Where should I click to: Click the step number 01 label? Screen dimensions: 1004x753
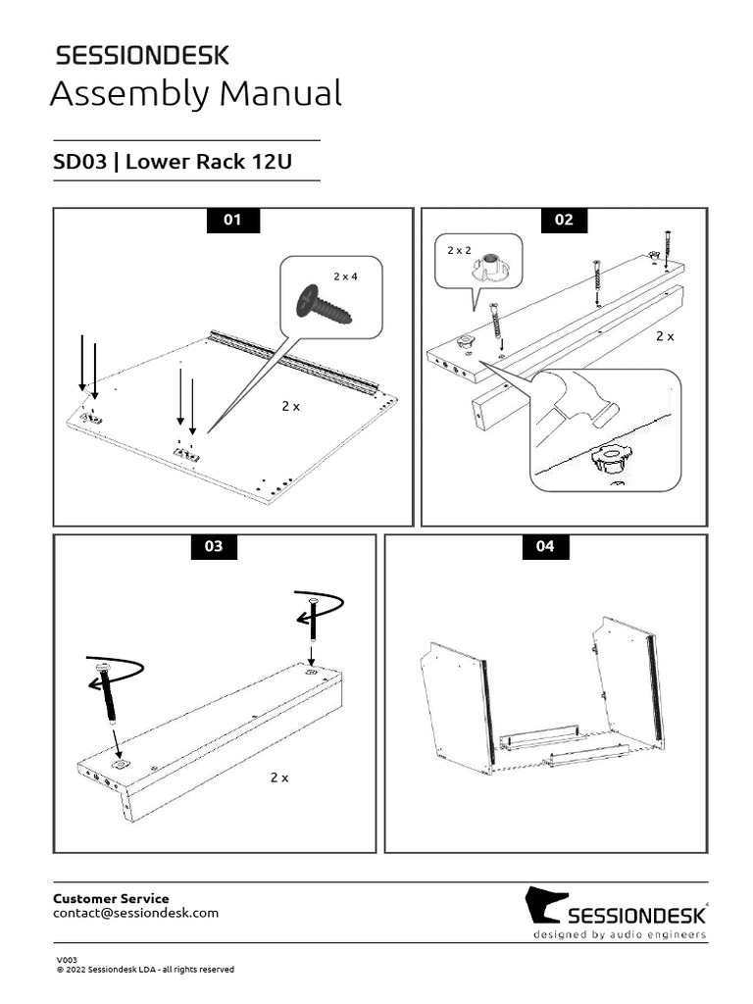point(232,221)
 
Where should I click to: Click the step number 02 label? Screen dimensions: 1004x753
point(564,221)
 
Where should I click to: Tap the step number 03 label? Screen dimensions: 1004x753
point(214,547)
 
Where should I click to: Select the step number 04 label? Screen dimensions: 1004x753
point(545,547)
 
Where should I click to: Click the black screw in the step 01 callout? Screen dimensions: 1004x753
point(325,303)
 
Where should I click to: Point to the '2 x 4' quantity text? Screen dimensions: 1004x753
point(345,276)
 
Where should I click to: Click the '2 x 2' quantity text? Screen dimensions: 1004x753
point(459,251)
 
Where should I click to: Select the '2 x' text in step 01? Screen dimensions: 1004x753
point(290,406)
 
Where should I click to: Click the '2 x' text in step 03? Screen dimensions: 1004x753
point(279,778)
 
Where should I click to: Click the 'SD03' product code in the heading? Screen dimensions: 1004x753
point(79,162)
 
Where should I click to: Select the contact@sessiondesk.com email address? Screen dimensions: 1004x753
point(135,913)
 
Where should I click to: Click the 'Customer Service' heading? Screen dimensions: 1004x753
point(110,898)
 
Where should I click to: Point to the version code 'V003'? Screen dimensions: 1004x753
point(66,960)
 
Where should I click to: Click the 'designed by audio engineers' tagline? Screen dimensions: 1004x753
point(619,935)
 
